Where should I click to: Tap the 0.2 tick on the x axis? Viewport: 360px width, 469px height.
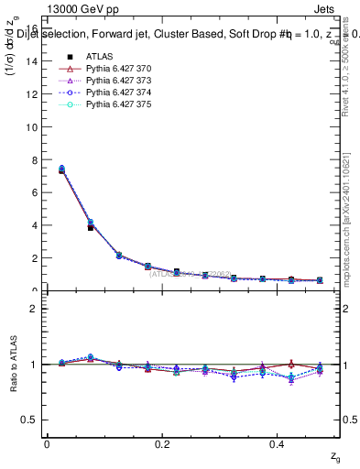(x=162, y=443)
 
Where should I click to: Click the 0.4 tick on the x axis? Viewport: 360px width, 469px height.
(x=279, y=443)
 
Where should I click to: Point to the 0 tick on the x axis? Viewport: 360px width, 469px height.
(x=47, y=443)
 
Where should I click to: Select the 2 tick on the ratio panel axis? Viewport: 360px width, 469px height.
(x=34, y=309)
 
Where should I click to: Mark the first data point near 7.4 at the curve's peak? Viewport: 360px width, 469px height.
(x=61, y=169)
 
